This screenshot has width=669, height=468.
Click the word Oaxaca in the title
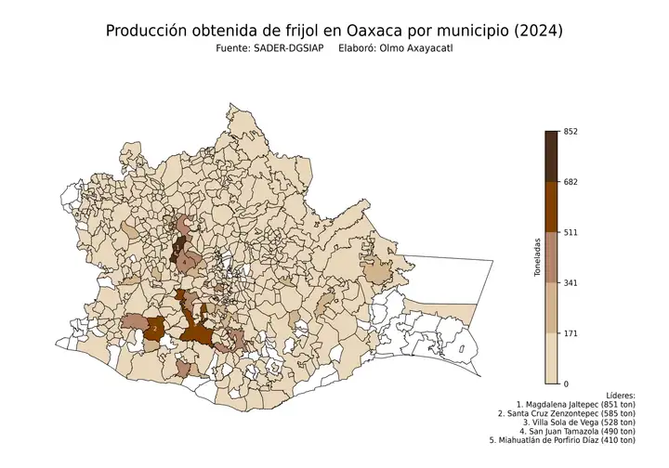[x=378, y=31]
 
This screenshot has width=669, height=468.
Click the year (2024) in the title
[x=537, y=31]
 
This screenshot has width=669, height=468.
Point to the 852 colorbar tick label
[x=571, y=131]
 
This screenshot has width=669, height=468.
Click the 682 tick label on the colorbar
[x=571, y=181]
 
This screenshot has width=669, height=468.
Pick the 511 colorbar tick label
[x=571, y=232]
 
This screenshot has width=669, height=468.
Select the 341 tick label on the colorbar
[x=571, y=282]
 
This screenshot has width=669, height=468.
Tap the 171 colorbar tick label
[x=571, y=333]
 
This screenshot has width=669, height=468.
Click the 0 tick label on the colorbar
[x=567, y=383]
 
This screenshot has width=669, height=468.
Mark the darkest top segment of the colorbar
[x=552, y=156]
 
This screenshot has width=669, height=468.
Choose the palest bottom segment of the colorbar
[x=552, y=358]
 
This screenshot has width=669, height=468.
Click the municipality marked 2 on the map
[x=154, y=328]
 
